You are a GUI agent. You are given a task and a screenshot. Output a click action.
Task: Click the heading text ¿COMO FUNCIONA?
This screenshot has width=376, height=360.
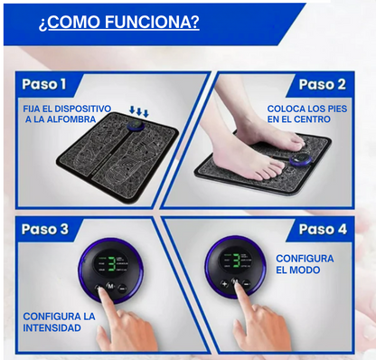coord(119,22)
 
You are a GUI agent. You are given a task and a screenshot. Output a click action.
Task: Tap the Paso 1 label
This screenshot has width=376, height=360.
coord(44,84)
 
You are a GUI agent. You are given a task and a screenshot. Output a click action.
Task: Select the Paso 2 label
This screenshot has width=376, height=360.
coord(322,85)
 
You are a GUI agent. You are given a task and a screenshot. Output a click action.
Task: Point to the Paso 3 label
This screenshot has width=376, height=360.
coord(45,229)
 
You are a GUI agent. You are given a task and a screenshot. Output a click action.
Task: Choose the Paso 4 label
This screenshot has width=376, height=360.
coord(323,229)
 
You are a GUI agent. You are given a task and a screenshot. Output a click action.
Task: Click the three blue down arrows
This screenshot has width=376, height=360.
coord(139,111)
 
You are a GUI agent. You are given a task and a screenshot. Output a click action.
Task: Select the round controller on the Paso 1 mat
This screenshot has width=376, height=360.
coord(136,126)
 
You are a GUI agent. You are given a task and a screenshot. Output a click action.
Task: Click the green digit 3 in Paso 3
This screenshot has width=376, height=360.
coord(112,264)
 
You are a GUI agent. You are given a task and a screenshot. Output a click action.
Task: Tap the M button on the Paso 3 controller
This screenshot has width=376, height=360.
coord(110,286)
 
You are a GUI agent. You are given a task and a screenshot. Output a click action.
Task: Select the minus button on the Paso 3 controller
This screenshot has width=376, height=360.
coord(122,289)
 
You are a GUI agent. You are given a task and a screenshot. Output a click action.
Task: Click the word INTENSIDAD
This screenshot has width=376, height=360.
coord(52,327)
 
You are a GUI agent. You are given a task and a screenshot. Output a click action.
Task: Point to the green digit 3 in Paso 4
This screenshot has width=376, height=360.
coord(237,261)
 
